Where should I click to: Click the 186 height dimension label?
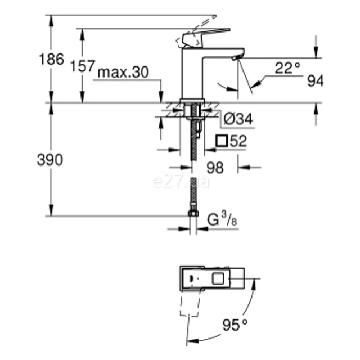[x=51, y=59]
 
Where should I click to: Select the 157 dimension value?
[x=83, y=66]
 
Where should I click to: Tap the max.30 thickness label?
[x=123, y=72]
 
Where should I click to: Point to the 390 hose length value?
[x=50, y=160]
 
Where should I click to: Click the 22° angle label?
[x=287, y=68]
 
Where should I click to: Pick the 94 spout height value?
[x=316, y=81]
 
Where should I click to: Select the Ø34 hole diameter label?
[x=238, y=119]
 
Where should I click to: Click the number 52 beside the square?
[x=238, y=141]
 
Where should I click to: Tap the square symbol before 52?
[x=222, y=141]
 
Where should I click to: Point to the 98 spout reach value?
[x=215, y=168]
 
